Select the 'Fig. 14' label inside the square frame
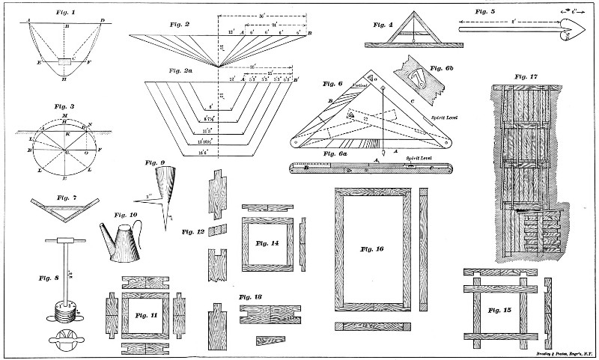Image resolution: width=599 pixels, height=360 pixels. click(267, 243)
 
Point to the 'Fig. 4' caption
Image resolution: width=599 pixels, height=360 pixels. click(383, 24)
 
